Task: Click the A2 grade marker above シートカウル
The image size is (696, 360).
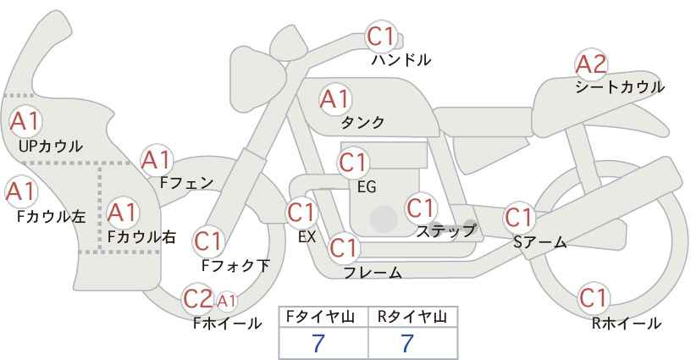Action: (591, 64)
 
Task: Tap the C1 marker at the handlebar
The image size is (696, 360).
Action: (381, 36)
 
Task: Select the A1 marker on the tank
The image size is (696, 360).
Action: (335, 99)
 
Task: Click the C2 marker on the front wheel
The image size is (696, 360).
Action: (198, 299)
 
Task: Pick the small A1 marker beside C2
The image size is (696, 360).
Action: (226, 301)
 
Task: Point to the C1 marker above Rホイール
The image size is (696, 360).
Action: (594, 298)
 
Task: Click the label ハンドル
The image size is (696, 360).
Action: (401, 60)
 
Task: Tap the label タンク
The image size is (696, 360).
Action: (362, 122)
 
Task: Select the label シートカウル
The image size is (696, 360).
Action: (620, 87)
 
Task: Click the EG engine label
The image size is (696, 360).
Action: (367, 187)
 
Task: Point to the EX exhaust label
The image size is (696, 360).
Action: (307, 237)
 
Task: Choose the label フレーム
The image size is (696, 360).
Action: (373, 273)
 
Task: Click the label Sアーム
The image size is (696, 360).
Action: (540, 242)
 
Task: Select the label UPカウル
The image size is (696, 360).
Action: (51, 146)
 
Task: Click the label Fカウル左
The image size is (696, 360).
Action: (52, 217)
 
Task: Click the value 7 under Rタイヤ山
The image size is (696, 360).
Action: (407, 343)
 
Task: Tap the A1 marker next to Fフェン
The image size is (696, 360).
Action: (157, 161)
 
